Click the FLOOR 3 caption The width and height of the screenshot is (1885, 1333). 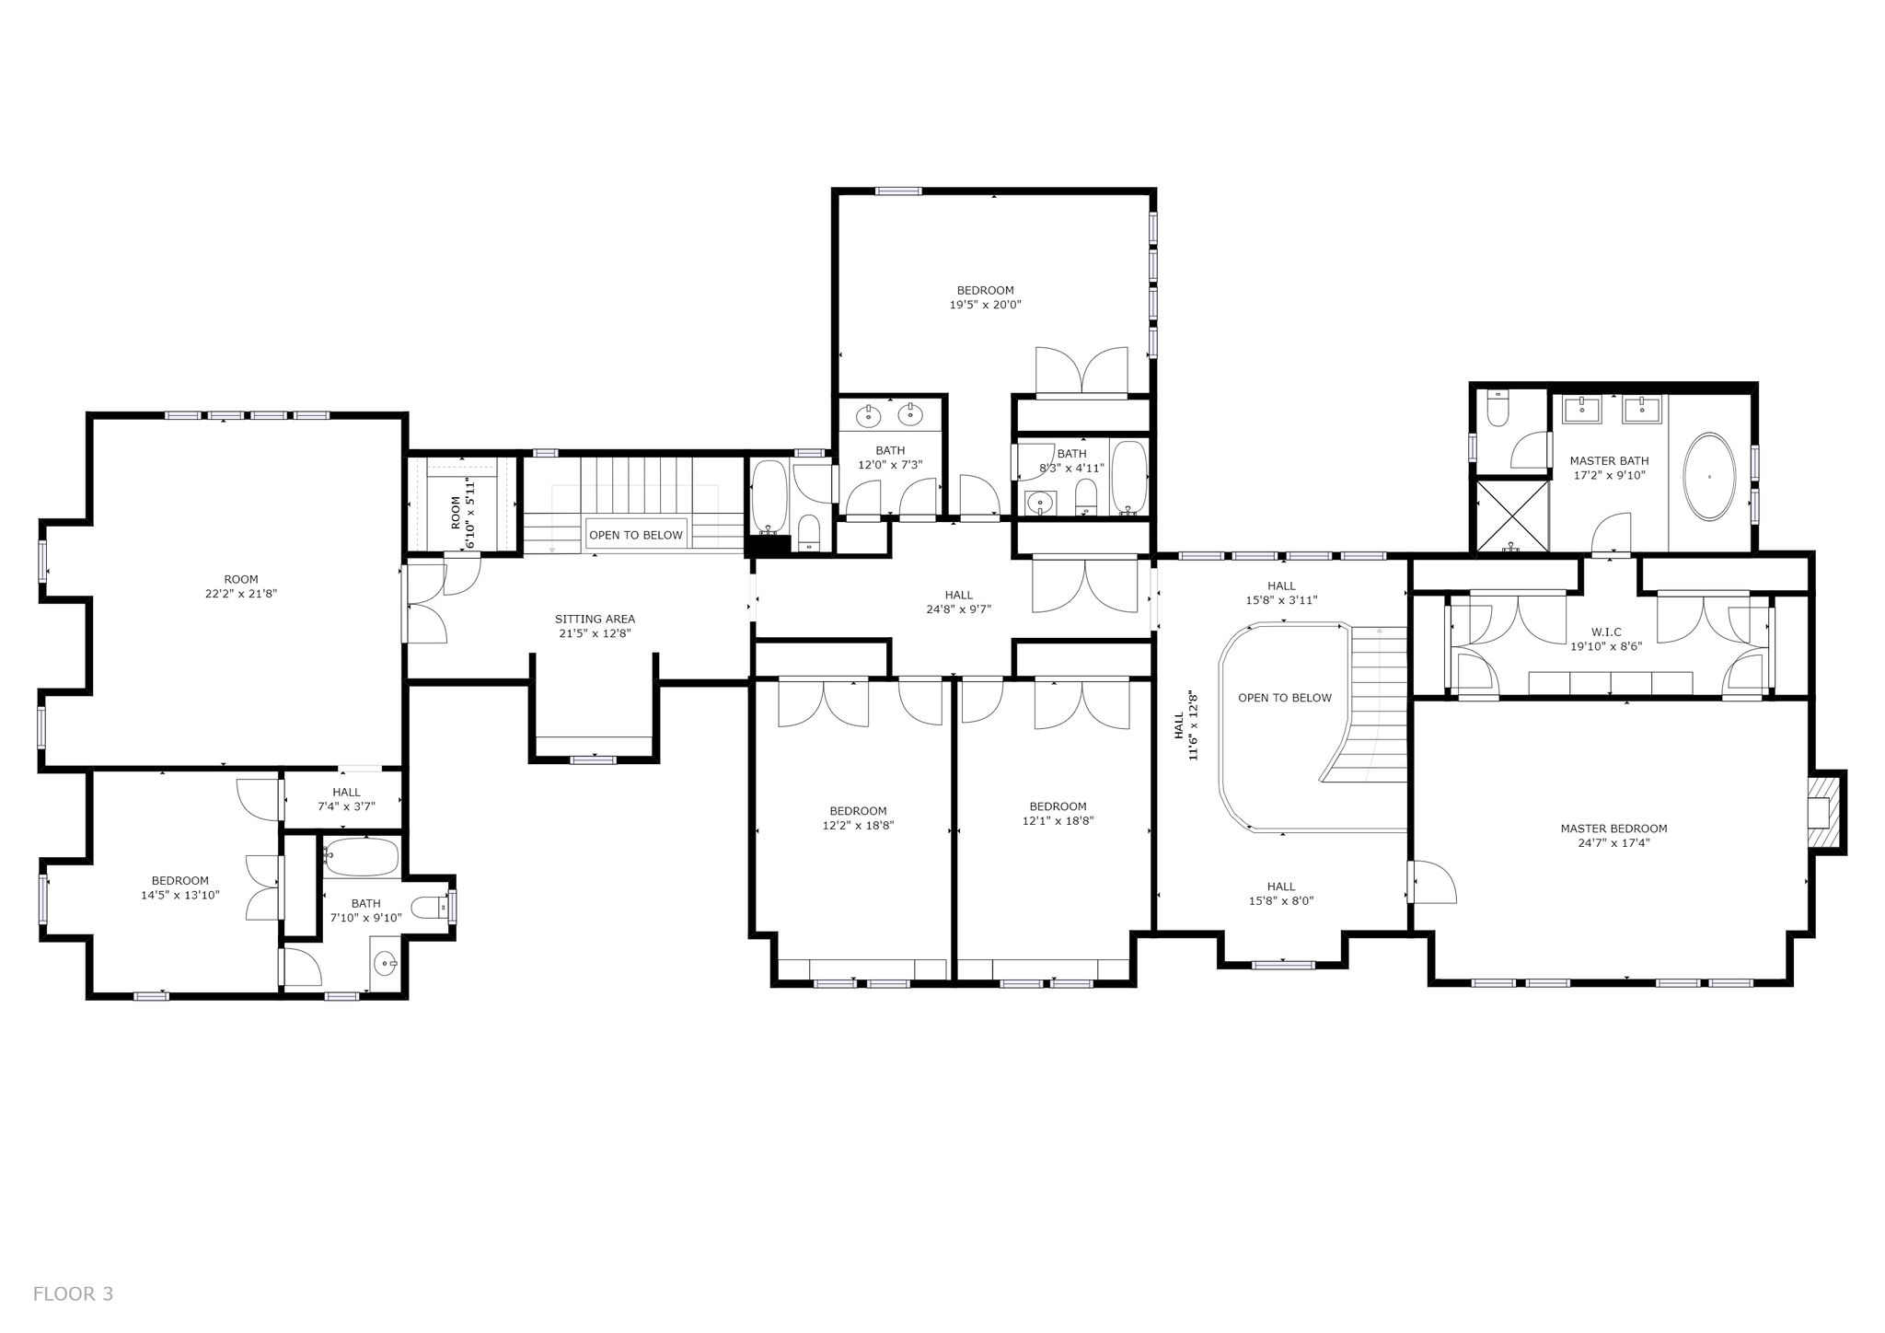coord(73,1294)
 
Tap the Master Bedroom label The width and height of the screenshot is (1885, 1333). coord(1613,829)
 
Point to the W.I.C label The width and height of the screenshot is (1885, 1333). coord(1606,632)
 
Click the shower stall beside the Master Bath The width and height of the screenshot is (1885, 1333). coord(1513,516)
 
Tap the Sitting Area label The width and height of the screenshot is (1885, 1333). coord(595,620)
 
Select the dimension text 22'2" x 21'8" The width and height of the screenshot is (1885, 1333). coord(240,594)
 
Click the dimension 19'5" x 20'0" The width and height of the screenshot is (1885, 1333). coord(986,304)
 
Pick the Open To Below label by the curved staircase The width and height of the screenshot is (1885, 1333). coord(1285,698)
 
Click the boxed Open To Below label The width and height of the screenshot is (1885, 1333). coord(636,535)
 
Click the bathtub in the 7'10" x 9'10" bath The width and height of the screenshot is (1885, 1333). coord(362,857)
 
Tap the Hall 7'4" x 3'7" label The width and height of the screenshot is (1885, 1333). coord(346,799)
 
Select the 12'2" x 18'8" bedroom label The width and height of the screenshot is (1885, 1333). coord(858,818)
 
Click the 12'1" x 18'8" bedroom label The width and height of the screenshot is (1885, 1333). coord(1058,814)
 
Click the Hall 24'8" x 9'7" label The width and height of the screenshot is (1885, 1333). coord(958,602)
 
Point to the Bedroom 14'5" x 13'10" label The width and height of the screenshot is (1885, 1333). coord(180,887)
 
